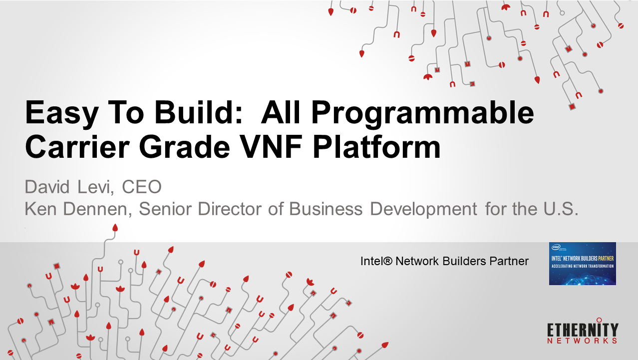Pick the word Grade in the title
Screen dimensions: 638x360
click(184, 147)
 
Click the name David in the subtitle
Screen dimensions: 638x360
click(47, 187)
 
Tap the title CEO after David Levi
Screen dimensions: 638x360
click(142, 187)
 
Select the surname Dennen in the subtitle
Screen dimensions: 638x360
click(97, 209)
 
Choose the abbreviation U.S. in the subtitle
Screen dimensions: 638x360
click(561, 209)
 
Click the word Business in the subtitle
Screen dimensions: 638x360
click(326, 209)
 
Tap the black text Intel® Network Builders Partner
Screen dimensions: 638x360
click(444, 261)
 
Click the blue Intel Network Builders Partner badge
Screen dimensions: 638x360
click(583, 264)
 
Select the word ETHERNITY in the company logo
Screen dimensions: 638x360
click(583, 330)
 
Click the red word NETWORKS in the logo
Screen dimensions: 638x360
click(583, 341)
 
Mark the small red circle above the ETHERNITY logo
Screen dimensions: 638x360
click(599, 320)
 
